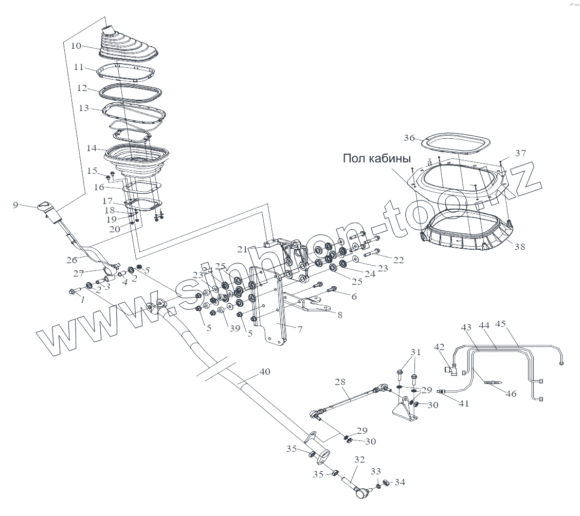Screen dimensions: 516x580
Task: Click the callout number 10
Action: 76,46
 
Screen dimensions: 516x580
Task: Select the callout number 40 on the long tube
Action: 264,372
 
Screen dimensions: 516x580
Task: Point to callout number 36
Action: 409,138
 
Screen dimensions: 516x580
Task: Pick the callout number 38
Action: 520,247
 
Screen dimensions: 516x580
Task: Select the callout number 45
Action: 500,324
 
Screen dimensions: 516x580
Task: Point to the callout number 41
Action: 464,403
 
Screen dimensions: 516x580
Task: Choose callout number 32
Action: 359,459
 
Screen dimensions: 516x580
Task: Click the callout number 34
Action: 400,482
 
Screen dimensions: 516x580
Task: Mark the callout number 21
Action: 242,249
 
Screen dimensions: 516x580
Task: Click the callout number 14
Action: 92,149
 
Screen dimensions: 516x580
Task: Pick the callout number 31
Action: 415,352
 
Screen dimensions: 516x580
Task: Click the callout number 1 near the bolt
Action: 81,301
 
